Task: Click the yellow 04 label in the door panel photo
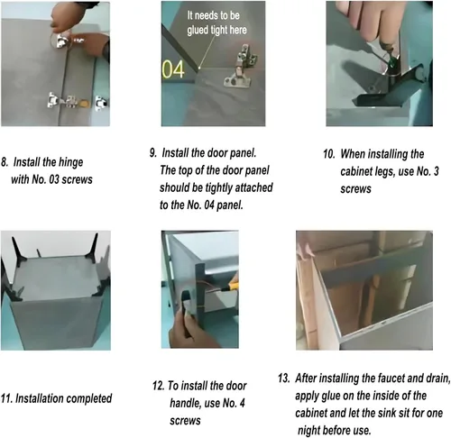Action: coord(173,69)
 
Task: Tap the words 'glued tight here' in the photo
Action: coord(216,30)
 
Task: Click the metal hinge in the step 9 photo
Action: coord(241,67)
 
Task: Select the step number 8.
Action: coord(5,162)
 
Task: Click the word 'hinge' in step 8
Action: coord(70,162)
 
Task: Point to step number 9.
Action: coord(153,153)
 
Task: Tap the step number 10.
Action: coord(329,154)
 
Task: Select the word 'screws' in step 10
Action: coord(355,189)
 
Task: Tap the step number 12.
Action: coord(158,386)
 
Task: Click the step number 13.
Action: coord(284,379)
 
